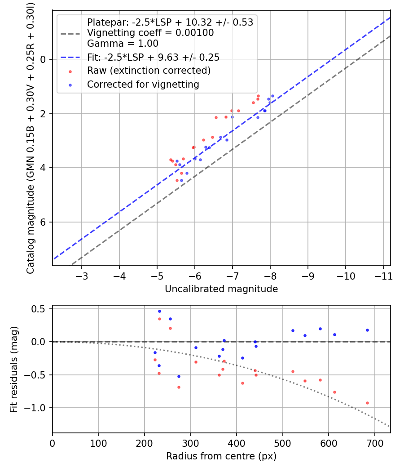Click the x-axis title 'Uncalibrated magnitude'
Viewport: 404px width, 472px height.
tap(221, 289)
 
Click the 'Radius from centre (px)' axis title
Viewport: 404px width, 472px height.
tap(221, 456)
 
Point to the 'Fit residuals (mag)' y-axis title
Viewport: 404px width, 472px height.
tap(14, 369)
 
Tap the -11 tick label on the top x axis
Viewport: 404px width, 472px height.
tap(383, 276)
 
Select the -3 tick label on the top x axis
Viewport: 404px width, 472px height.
tap(82, 276)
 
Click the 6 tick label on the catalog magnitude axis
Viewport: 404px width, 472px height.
tap(44, 223)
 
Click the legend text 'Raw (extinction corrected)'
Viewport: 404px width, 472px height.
tap(149, 71)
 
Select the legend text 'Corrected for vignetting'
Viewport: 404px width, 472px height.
tap(143, 84)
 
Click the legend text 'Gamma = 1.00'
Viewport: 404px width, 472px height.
tap(123, 44)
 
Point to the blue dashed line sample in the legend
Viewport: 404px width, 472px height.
tap(70, 57)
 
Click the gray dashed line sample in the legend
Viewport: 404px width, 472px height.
tap(70, 33)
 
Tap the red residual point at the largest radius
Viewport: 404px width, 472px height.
tap(367, 403)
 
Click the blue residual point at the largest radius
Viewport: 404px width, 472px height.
tap(367, 330)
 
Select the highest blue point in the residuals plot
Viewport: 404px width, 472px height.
tap(159, 311)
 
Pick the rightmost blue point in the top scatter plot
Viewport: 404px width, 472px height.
tap(272, 96)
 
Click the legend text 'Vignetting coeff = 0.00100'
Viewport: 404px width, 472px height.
tap(150, 33)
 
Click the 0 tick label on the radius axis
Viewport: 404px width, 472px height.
tap(53, 443)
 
